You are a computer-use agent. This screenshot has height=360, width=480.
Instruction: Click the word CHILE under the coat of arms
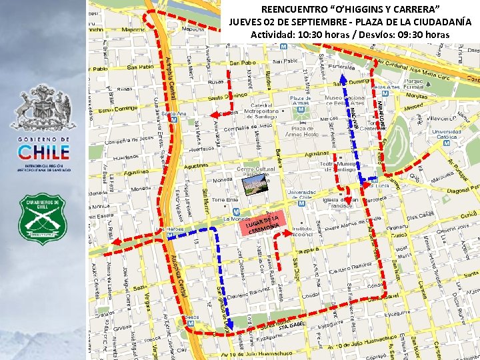tap(43, 152)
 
